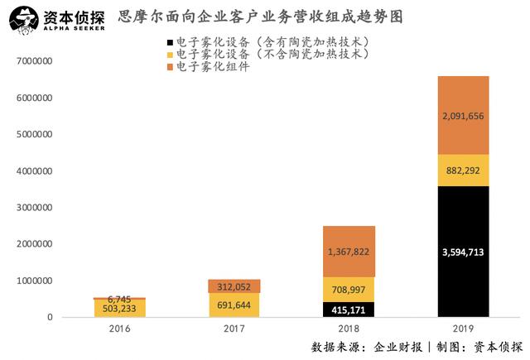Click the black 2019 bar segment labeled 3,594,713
[463, 252]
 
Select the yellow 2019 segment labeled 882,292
[463, 170]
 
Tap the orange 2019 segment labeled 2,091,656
[463, 115]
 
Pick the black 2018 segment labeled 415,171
[349, 310]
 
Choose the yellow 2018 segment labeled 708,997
[349, 289]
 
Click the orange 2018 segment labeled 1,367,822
[349, 251]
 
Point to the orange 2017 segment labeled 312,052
[234, 286]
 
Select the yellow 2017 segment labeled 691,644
[234, 305]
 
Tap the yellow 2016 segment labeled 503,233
[120, 308]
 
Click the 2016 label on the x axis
[120, 329]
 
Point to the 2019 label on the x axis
[463, 329]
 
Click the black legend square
[170, 41]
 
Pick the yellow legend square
[170, 55]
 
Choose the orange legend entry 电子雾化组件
[207, 68]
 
